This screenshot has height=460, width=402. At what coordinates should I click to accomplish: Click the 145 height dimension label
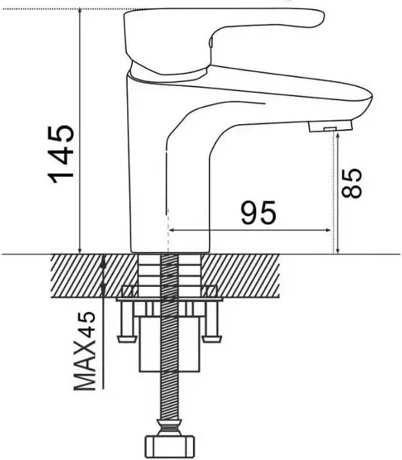(61, 154)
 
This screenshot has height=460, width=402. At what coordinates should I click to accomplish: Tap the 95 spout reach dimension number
(258, 212)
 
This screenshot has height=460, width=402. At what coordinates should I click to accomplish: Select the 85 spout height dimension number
(352, 183)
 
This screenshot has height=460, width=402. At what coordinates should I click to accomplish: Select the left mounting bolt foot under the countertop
(127, 339)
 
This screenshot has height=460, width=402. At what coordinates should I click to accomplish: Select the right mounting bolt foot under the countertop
(212, 339)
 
